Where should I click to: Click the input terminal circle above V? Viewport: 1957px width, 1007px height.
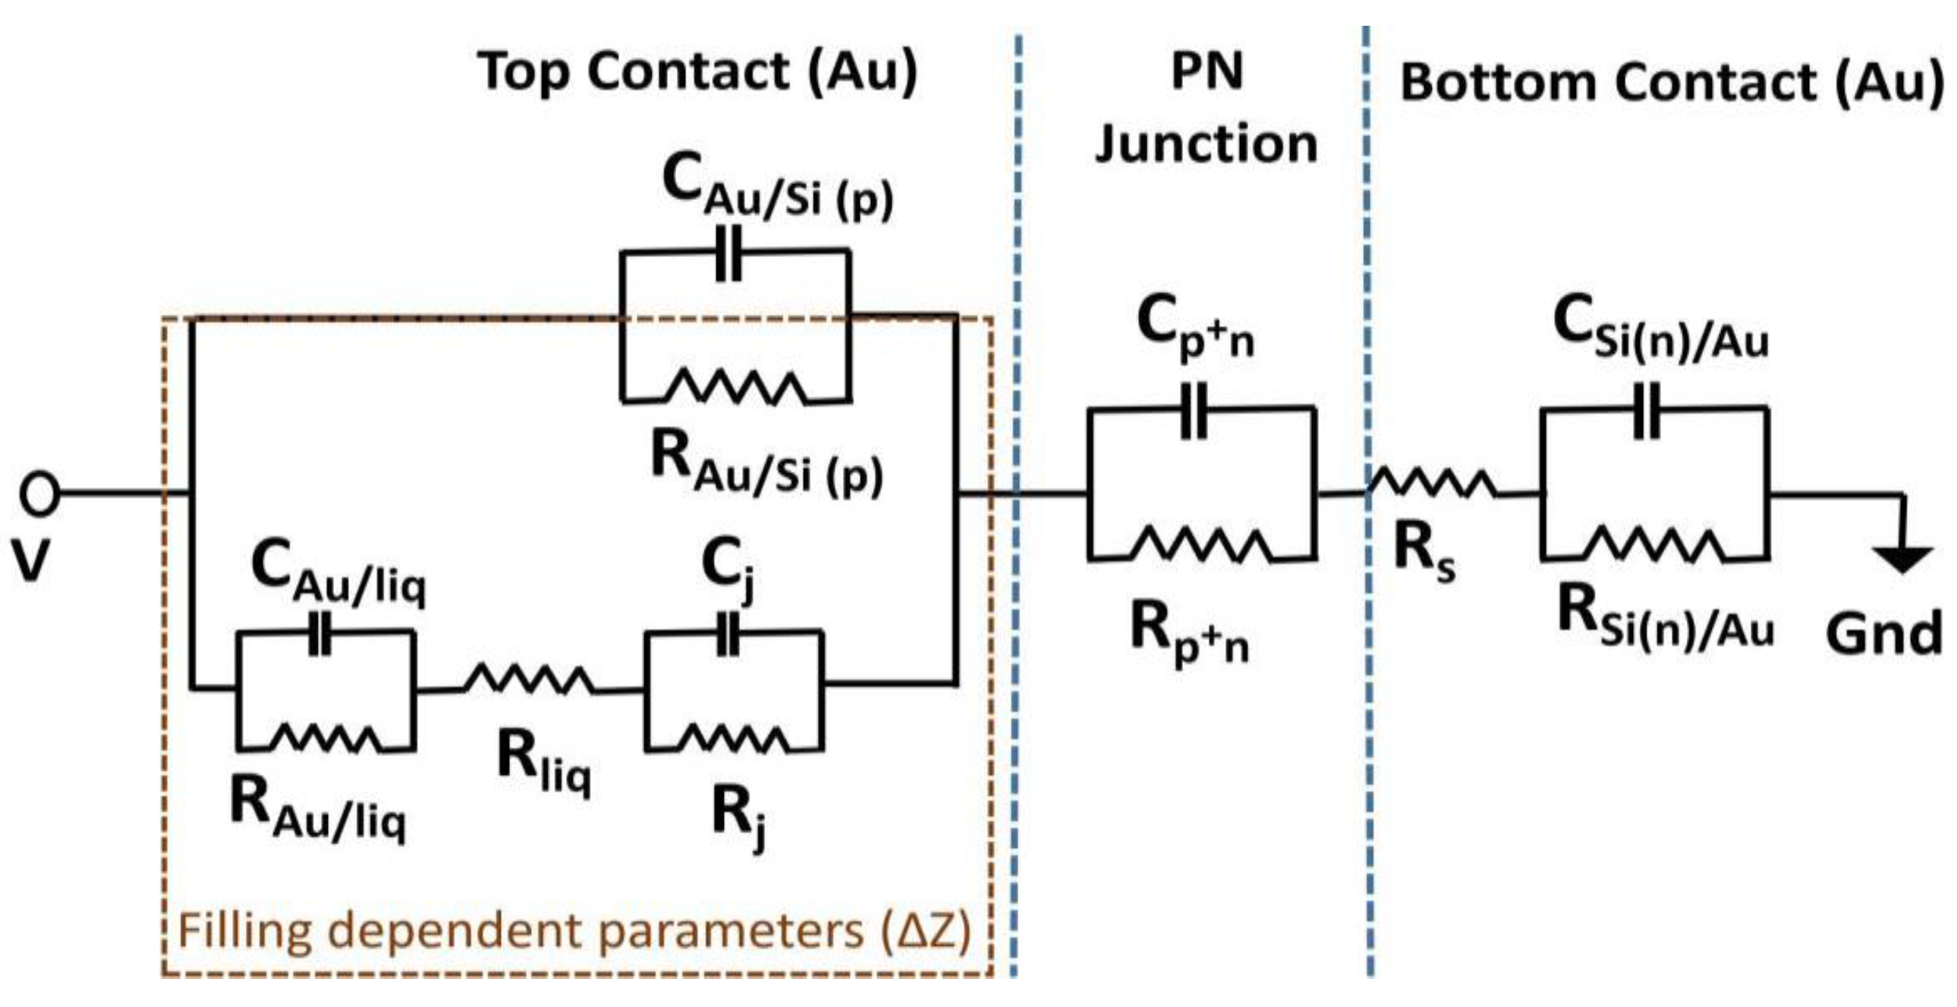coord(39,494)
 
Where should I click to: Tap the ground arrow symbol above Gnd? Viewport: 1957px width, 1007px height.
coord(1902,558)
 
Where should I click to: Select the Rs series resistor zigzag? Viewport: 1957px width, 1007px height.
coord(1433,484)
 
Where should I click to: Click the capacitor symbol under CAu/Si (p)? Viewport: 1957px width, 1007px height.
coord(729,253)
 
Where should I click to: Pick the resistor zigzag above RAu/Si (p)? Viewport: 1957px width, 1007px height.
coord(735,387)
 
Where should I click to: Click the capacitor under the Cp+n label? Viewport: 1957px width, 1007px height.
coord(1194,412)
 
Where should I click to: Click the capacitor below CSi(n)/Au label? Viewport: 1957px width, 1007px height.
coord(1647,412)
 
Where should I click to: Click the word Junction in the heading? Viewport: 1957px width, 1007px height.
coord(1206,144)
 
